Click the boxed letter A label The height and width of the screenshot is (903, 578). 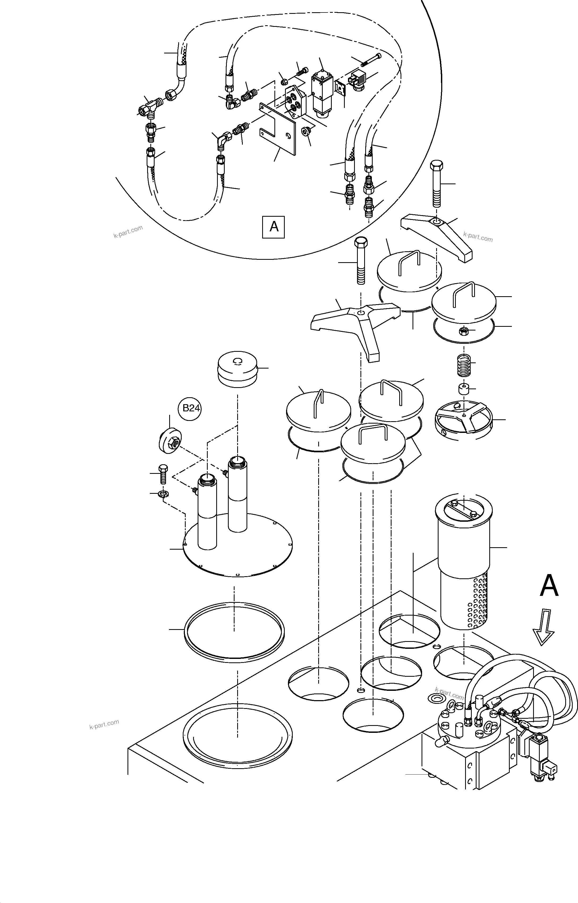(x=274, y=227)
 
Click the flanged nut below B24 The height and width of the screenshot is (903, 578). (x=170, y=440)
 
